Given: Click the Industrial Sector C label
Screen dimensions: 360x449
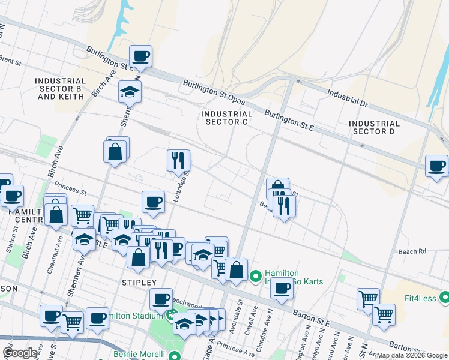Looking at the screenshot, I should [226, 118].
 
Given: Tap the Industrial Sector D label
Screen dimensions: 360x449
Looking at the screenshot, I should [374, 127].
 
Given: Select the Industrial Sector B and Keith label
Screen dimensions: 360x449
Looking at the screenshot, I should [60, 88].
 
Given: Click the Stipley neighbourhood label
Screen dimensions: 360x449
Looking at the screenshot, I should [139, 282].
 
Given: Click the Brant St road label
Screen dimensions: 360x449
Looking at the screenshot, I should [10, 61].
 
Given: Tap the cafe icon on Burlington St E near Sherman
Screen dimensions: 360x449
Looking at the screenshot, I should [141, 56].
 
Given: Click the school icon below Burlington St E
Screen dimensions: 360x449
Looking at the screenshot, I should [129, 92].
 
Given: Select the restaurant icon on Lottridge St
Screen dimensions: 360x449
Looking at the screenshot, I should [178, 160].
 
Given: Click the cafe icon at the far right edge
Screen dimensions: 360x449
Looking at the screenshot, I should [436, 166].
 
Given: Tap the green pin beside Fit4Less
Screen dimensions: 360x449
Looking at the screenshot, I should [444, 297].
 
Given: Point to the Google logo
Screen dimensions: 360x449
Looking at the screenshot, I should [20, 353].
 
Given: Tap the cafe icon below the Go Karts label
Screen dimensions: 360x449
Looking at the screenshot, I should [281, 289].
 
